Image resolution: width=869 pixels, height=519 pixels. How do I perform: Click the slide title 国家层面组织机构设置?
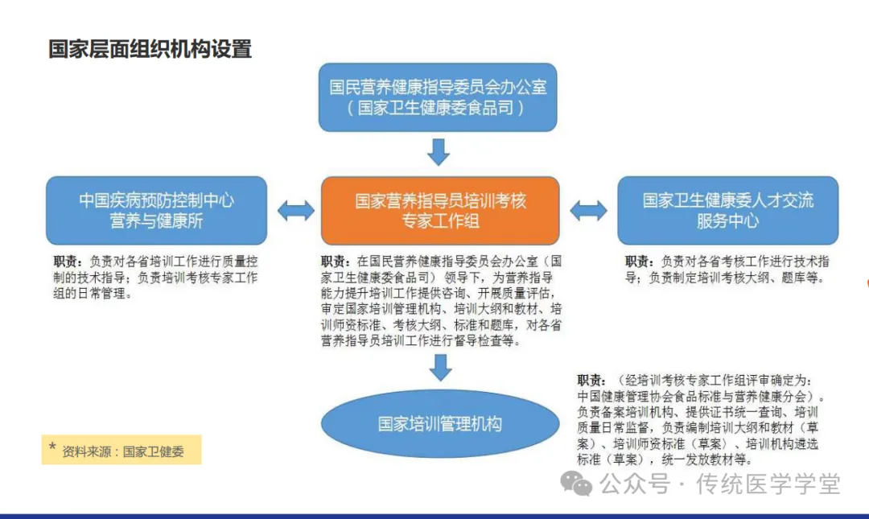pyautogui.click(x=150, y=49)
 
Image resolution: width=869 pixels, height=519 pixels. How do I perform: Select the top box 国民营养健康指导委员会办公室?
pyautogui.click(x=438, y=97)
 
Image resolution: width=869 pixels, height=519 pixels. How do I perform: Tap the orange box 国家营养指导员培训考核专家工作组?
pyautogui.click(x=440, y=210)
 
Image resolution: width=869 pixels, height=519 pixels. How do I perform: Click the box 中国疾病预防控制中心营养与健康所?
pyautogui.click(x=156, y=210)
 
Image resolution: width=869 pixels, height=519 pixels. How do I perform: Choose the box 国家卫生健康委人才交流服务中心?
pyautogui.click(x=727, y=210)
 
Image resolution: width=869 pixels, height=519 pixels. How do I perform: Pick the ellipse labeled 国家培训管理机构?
pyautogui.click(x=439, y=423)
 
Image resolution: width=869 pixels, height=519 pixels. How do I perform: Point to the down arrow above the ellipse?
pyautogui.click(x=439, y=367)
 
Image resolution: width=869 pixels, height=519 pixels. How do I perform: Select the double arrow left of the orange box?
pyautogui.click(x=295, y=211)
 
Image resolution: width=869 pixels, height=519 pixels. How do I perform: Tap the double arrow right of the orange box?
pyautogui.click(x=589, y=211)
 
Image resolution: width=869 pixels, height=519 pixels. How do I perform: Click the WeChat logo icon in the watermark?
pyautogui.click(x=576, y=484)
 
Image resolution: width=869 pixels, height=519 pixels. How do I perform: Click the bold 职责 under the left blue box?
pyautogui.click(x=65, y=262)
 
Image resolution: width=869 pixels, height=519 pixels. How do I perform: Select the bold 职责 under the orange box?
pyautogui.click(x=334, y=262)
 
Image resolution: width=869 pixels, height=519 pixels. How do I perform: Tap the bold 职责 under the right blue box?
pyautogui.click(x=638, y=262)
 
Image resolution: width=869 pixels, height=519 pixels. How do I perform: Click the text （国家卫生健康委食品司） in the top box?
pyautogui.click(x=438, y=108)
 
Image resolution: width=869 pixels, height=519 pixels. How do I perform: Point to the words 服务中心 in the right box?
pyautogui.click(x=727, y=220)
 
